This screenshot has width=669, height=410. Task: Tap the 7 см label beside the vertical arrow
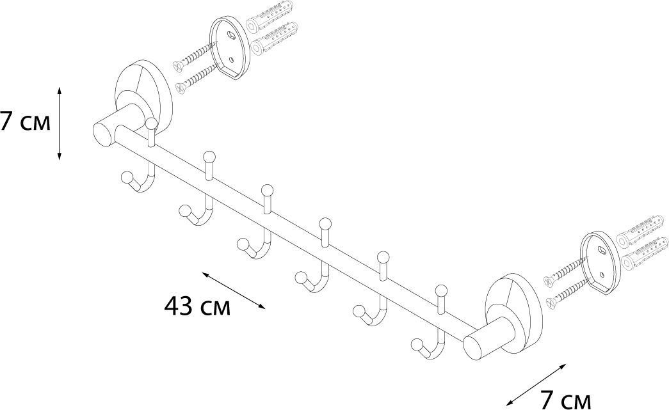[x=24, y=121]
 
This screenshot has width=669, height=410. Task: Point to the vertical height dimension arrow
[x=60, y=123]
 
